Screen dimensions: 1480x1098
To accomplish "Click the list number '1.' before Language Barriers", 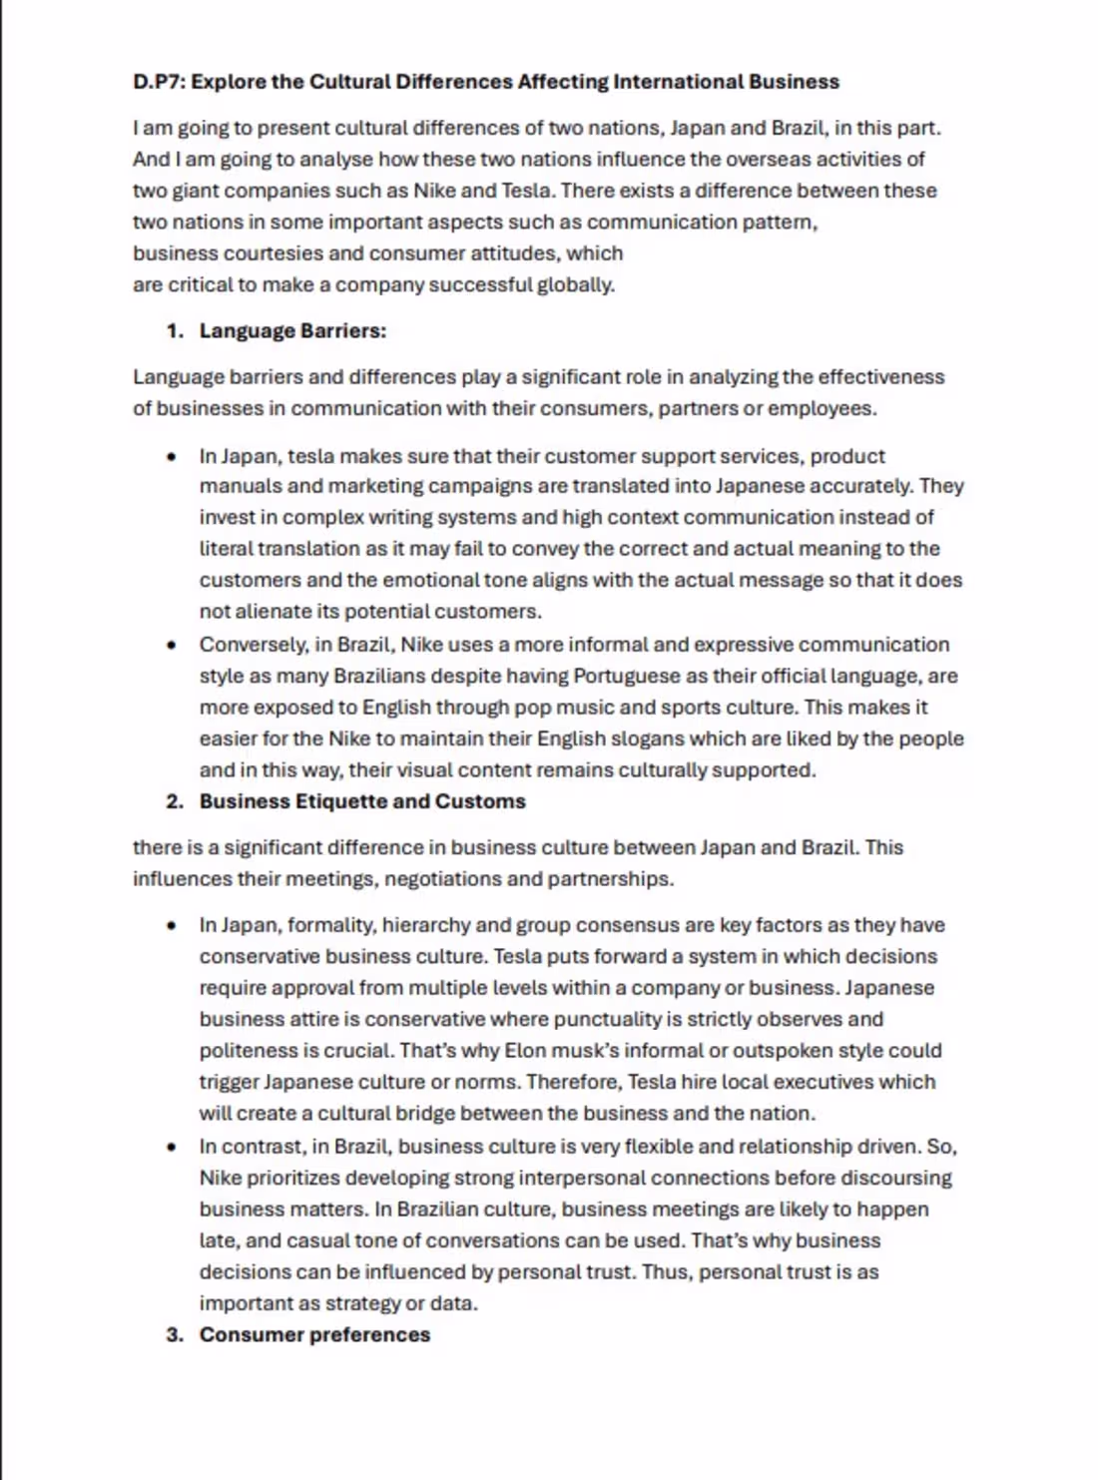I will (176, 331).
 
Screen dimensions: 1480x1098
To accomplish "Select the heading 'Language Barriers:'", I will (292, 331).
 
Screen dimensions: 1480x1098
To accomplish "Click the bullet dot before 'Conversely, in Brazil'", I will (173, 646).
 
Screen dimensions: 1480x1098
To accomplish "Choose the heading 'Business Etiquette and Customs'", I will (362, 802).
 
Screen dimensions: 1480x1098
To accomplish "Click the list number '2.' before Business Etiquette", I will (176, 802).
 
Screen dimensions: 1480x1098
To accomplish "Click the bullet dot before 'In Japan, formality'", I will (173, 926).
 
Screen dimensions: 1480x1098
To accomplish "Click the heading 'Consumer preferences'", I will (314, 1335).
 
